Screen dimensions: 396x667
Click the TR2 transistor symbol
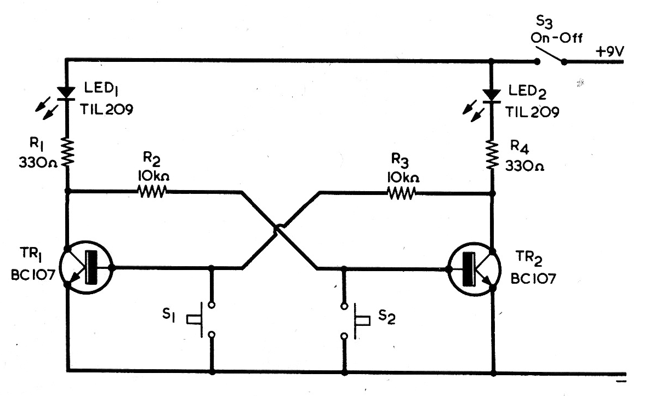pos(474,269)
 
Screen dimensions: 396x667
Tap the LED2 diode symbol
pos(492,93)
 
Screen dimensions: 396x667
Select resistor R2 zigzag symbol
pos(151,192)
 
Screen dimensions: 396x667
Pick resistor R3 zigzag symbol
pos(401,192)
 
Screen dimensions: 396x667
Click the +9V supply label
pos(611,50)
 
